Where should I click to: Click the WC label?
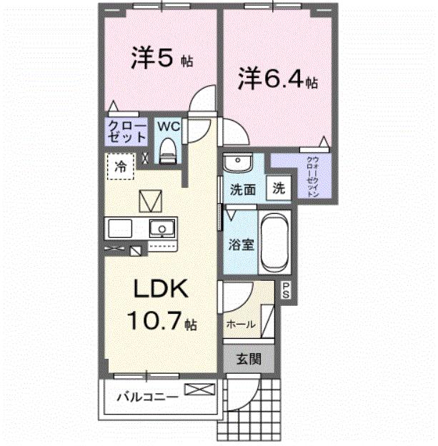click(168, 126)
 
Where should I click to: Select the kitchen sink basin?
click(162, 229)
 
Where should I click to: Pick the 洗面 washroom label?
click(243, 190)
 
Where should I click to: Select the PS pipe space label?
click(286, 289)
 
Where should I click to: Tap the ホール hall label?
click(240, 324)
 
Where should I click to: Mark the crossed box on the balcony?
click(199, 390)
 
